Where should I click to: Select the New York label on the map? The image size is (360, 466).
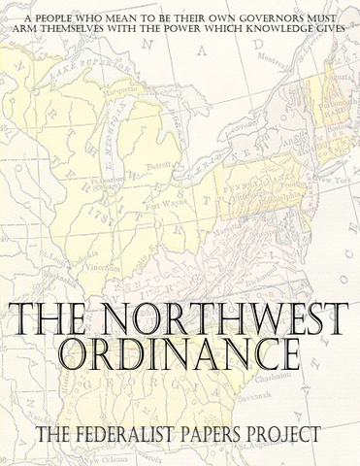pyautogui.click(x=331, y=182)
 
